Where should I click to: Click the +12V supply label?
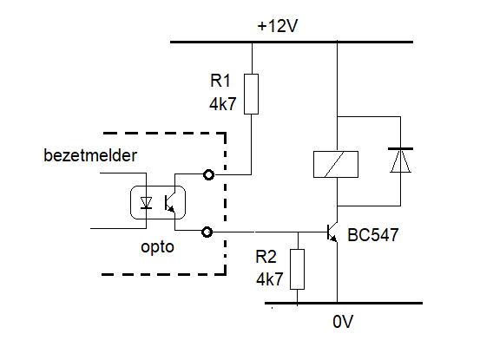278,26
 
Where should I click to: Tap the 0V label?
343,322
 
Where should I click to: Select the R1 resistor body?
251,94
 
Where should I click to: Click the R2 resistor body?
297,269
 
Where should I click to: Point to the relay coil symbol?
336,164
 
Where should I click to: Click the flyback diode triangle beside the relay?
400,160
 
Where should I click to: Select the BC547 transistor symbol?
332,232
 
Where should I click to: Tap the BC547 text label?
373,235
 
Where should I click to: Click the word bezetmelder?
90,155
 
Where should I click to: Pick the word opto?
157,247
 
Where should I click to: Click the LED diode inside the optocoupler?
146,203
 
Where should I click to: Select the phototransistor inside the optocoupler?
170,203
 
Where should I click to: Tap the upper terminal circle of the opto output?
209,174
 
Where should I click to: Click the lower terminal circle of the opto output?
207,232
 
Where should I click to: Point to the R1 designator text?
220,81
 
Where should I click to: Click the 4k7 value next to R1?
222,104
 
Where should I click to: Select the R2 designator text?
266,257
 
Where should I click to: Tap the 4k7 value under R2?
269,279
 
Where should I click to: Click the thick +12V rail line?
292,42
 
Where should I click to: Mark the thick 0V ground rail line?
344,303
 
